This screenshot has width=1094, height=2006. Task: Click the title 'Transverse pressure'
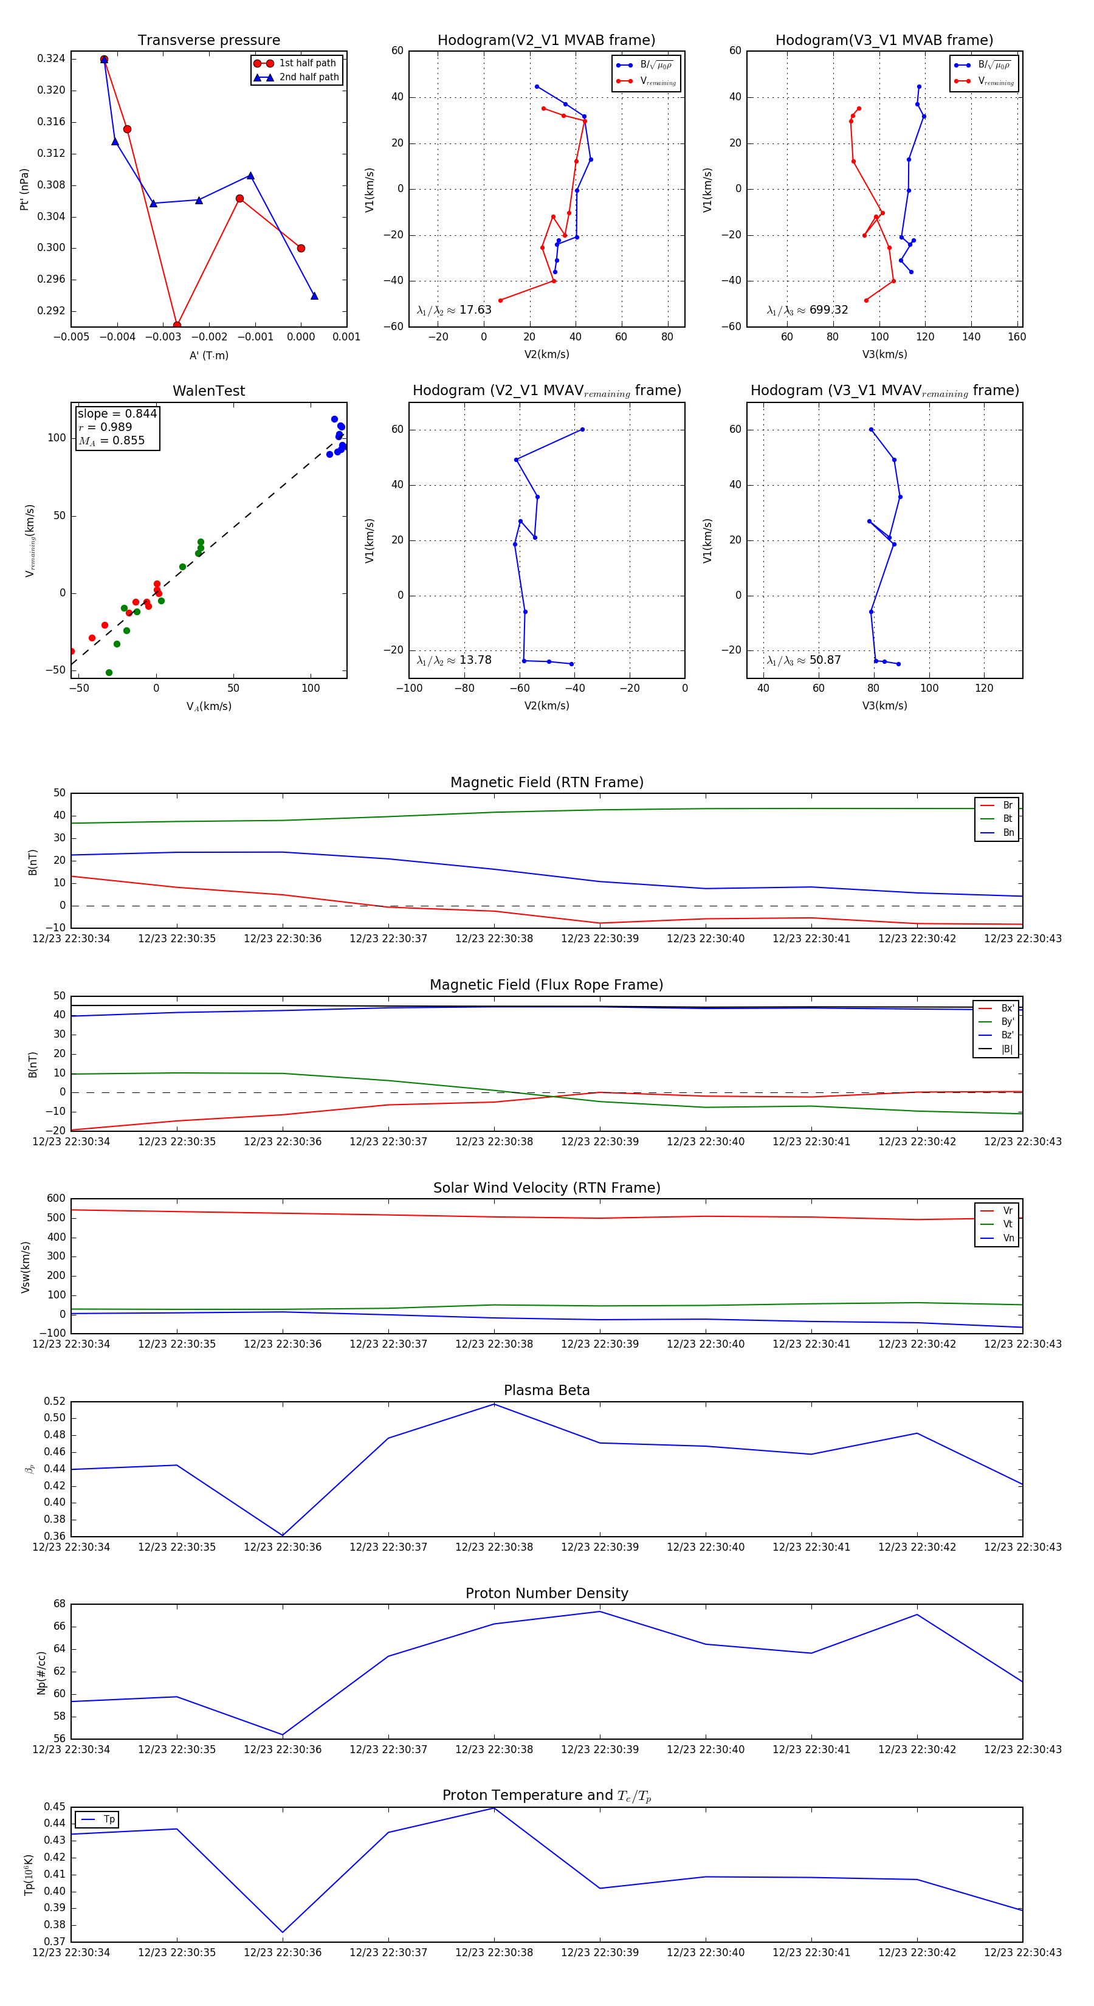[208, 41]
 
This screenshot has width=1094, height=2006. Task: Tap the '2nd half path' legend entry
[308, 77]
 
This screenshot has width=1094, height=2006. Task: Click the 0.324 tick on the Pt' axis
[52, 58]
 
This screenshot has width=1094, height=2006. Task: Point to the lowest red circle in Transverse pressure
[177, 325]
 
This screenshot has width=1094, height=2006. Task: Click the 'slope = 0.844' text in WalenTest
[117, 413]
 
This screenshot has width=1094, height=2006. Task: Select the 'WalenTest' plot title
[208, 391]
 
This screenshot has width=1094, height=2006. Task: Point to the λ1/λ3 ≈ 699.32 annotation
[807, 310]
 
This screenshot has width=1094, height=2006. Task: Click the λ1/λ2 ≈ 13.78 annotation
[454, 660]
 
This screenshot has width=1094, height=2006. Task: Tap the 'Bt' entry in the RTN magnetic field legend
[1007, 818]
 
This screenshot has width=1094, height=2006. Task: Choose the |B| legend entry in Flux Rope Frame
[1006, 1049]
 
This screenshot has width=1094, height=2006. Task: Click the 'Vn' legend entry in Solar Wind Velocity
[1008, 1238]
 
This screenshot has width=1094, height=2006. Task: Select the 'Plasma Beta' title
[546, 1390]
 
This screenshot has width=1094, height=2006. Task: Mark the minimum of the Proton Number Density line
[283, 1735]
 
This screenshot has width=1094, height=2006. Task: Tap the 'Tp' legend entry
[108, 1819]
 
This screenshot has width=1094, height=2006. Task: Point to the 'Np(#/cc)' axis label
[41, 1673]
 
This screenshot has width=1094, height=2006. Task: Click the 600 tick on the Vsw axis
[55, 1199]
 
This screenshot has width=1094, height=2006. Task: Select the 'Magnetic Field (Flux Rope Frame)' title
[546, 985]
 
